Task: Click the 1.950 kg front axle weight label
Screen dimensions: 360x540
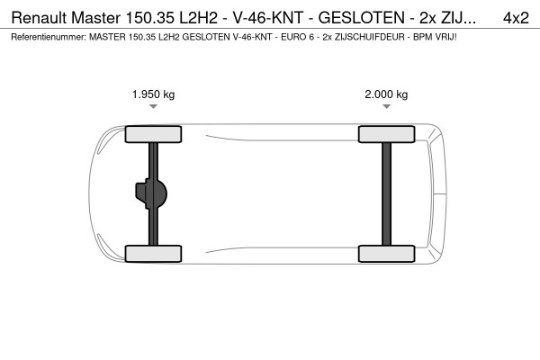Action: click(154, 94)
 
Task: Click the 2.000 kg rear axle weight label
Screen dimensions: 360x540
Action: click(386, 94)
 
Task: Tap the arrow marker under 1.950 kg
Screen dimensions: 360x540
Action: click(154, 107)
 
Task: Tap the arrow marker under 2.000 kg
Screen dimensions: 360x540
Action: click(386, 107)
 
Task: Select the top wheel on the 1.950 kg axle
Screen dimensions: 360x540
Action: click(154, 134)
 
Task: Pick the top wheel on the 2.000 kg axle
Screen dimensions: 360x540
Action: click(386, 134)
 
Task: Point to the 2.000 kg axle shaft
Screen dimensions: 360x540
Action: click(386, 193)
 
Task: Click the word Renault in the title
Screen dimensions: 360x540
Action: click(38, 17)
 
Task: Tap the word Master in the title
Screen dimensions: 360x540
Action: click(98, 17)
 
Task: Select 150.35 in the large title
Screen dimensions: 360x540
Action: click(155, 17)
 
